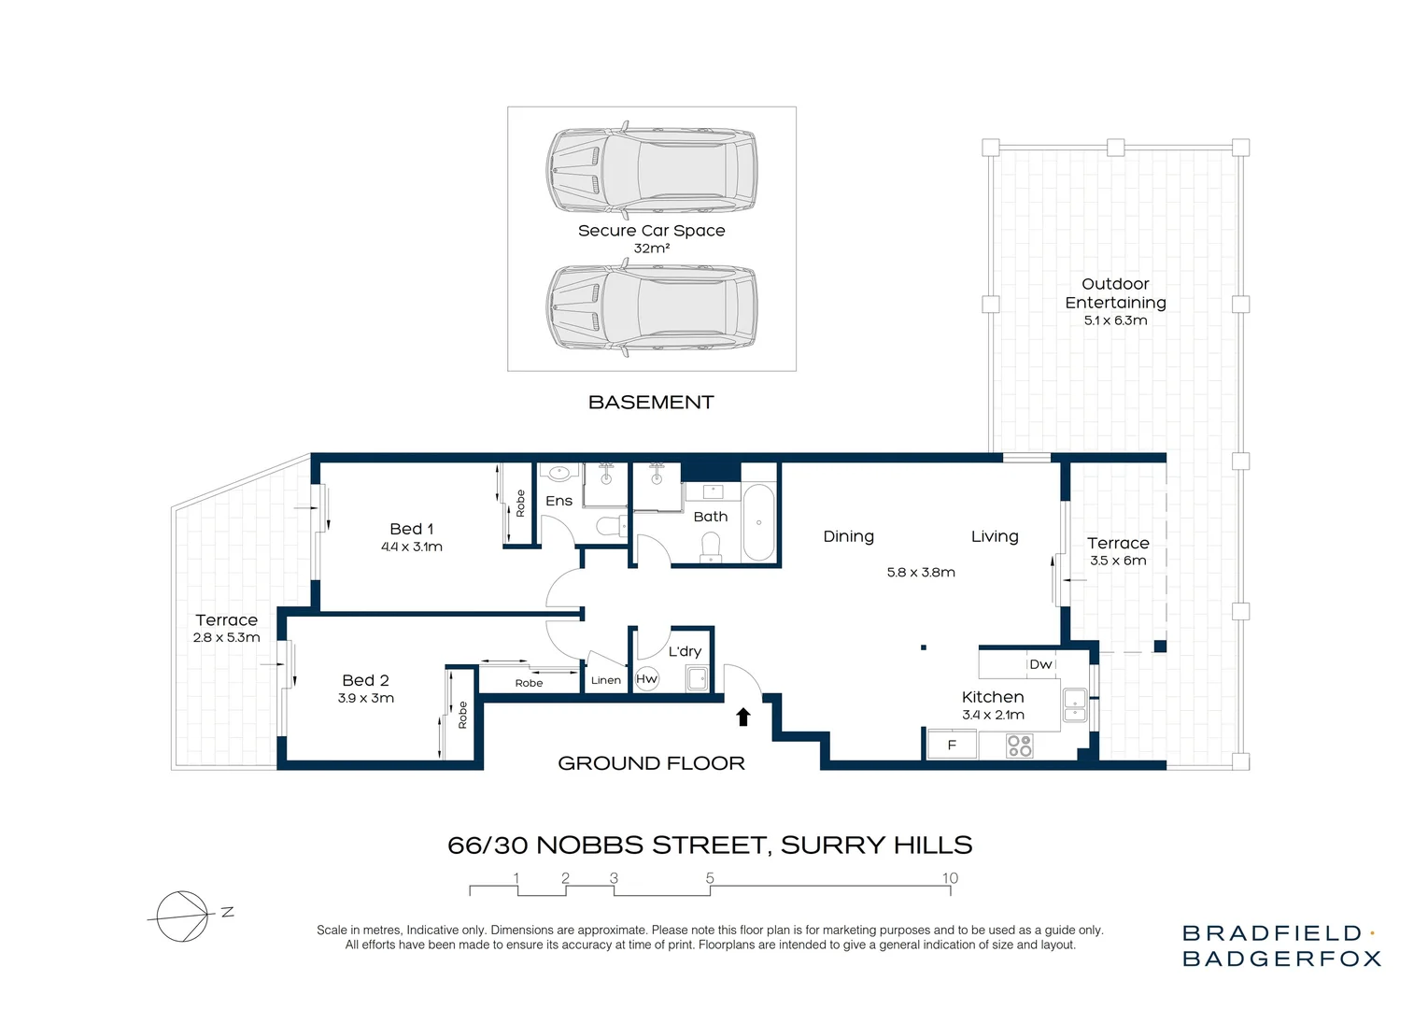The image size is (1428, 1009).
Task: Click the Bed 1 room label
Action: tap(411, 529)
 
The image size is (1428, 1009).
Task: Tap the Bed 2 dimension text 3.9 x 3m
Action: tap(365, 698)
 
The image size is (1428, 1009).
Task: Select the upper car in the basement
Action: tap(651, 170)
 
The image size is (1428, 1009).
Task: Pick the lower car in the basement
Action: tap(651, 307)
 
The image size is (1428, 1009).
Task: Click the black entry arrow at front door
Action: tap(743, 717)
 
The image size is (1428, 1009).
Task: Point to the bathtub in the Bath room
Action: tap(758, 522)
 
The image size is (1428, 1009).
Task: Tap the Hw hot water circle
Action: tap(646, 679)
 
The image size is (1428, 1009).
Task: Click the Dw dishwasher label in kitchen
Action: tap(1040, 664)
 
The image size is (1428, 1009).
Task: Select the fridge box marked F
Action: tap(952, 745)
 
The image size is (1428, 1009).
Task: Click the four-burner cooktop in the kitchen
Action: tap(1019, 746)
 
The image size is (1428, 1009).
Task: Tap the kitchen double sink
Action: tap(1075, 704)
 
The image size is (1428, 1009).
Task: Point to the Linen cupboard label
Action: tap(605, 680)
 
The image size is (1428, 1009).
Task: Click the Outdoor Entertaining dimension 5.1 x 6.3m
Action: tap(1115, 320)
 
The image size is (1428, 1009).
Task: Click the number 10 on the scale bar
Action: tap(950, 878)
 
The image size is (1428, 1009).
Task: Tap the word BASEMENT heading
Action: tap(651, 403)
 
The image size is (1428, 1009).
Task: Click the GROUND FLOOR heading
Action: tap(651, 763)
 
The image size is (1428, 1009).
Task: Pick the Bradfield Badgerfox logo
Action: tap(1281, 945)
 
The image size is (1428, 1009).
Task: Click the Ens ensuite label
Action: tap(558, 501)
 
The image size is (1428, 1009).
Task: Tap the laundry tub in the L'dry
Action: tap(697, 678)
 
